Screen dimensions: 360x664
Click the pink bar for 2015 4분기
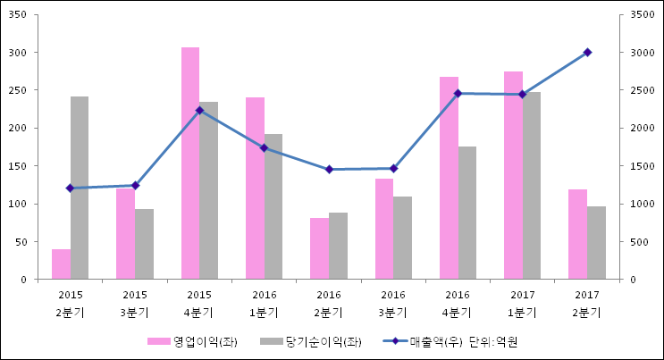190,163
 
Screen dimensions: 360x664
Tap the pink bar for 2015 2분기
61,264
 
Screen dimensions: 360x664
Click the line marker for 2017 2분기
587,52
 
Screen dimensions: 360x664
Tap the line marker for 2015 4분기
199,111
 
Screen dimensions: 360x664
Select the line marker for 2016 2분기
329,169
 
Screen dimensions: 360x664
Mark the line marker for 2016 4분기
458,93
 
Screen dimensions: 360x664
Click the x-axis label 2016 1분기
265,304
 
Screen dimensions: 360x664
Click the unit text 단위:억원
494,342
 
